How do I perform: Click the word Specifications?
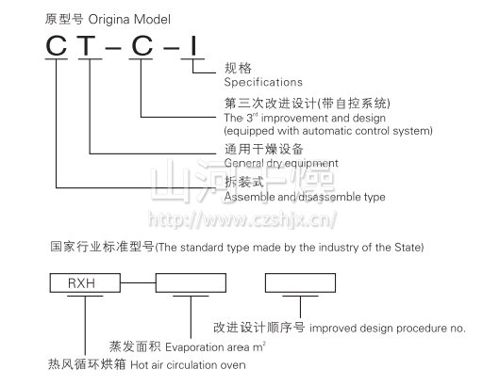(x=263, y=82)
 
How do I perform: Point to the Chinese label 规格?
(x=238, y=68)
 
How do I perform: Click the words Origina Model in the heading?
(x=129, y=20)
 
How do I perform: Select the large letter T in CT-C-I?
(x=88, y=46)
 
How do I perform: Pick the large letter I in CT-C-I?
(x=193, y=46)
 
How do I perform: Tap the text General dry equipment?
(x=281, y=163)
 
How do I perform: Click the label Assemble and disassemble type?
(x=305, y=197)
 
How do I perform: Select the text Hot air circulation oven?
(x=188, y=365)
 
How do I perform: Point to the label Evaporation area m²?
(x=216, y=346)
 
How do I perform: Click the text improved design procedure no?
(x=388, y=329)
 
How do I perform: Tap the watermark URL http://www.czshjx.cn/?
(x=242, y=219)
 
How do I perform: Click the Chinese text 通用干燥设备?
(x=263, y=149)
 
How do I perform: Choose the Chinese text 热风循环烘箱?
(x=87, y=364)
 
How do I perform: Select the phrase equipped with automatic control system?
(x=328, y=131)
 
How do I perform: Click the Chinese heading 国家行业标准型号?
(x=102, y=247)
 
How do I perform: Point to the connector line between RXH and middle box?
(x=138, y=282)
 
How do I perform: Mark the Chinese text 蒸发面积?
(x=135, y=346)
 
